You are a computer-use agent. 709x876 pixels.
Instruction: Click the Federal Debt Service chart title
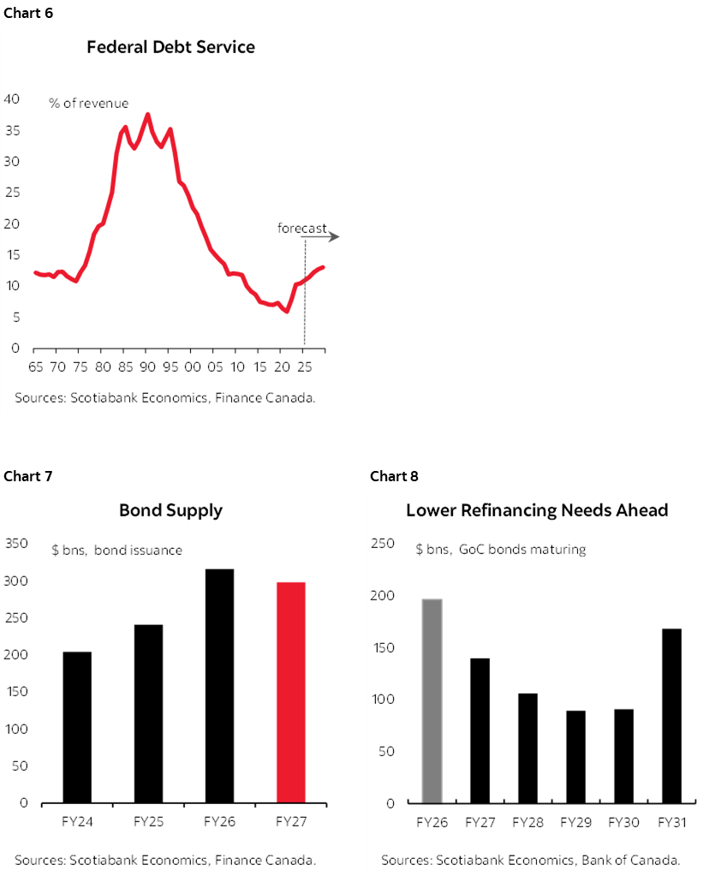pos(170,47)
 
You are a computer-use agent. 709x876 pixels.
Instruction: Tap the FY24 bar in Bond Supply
pos(77,727)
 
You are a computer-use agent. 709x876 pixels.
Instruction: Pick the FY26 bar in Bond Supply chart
pos(219,685)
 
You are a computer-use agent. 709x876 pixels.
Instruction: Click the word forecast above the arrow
pos(301,228)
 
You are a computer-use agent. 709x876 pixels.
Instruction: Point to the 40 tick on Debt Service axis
pos(12,99)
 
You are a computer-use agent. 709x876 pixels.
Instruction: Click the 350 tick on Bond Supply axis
pos(16,543)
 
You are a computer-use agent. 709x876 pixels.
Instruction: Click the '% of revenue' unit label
pos(88,104)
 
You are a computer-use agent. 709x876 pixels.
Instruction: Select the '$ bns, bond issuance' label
pos(116,550)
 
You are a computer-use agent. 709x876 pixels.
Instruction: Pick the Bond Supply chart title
pos(170,510)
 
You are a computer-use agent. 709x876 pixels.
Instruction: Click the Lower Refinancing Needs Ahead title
pos(537,510)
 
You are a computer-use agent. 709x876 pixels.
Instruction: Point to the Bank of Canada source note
pos(531,860)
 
